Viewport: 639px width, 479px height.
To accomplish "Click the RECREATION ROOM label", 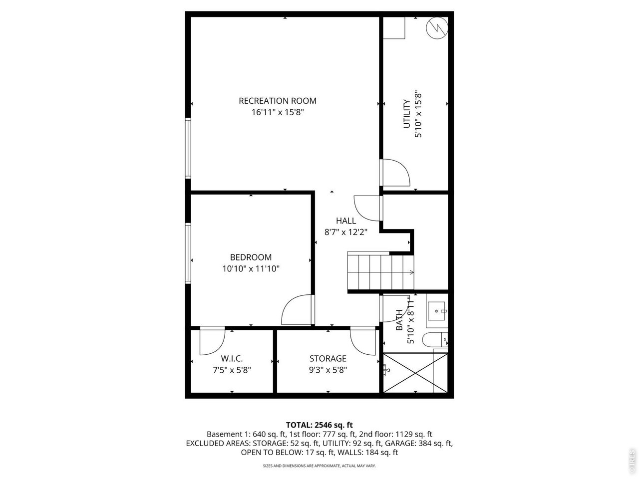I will [278, 101].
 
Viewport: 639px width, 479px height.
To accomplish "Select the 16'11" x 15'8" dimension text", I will [278, 113].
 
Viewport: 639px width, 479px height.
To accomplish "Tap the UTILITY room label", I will [406, 114].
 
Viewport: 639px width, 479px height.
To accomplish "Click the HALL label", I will [346, 221].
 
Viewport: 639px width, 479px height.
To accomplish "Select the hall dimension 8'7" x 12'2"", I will [346, 232].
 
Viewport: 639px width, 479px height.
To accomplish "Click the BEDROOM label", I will [251, 257].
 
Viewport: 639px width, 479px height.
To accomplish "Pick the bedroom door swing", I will [298, 310].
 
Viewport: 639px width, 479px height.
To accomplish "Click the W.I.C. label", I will [232, 359].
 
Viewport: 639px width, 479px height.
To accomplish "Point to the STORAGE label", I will [327, 359].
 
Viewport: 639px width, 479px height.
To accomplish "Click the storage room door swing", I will [362, 341].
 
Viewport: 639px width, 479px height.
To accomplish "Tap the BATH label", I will [399, 321].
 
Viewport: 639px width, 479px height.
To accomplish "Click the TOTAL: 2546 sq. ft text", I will [319, 425].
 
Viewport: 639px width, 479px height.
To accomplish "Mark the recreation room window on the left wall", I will [188, 148].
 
